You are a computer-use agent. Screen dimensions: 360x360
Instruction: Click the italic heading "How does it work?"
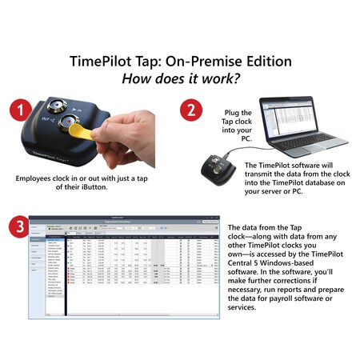click(x=179, y=80)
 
